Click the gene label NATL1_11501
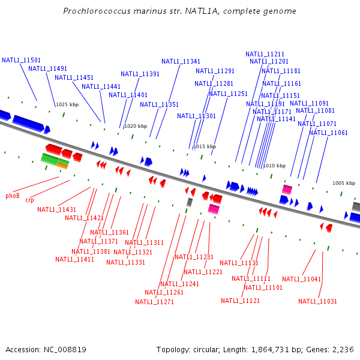(x=21, y=60)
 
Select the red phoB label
(x=13, y=196)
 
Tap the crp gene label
(x=29, y=200)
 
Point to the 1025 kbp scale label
(x=67, y=104)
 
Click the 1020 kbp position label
(x=135, y=126)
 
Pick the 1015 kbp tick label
(x=204, y=146)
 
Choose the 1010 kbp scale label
(x=274, y=166)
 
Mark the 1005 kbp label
(x=344, y=183)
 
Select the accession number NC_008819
(x=65, y=349)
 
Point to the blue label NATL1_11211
(x=265, y=54)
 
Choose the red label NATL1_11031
(x=317, y=301)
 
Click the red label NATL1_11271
(x=154, y=302)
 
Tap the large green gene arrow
(x=50, y=159)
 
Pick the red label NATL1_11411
(x=74, y=259)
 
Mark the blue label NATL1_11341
(x=181, y=61)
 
